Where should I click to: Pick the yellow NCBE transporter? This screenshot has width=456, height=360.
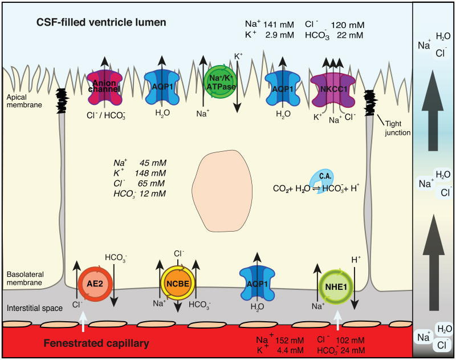(x=176, y=284)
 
